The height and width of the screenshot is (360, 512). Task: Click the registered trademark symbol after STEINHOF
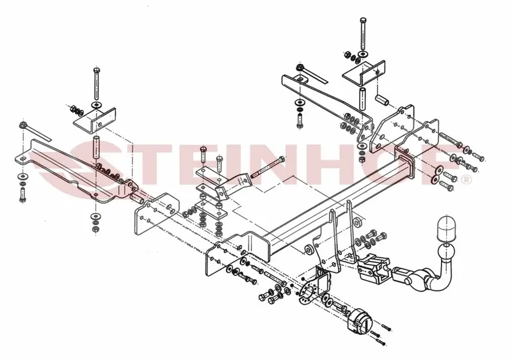[467, 180]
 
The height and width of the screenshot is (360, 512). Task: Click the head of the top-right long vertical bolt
[363, 21]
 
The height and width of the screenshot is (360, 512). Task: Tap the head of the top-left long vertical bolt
[97, 71]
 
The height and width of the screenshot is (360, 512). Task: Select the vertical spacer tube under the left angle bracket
[97, 148]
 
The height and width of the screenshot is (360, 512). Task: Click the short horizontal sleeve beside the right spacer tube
[382, 100]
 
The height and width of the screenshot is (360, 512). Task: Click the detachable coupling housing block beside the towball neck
[374, 269]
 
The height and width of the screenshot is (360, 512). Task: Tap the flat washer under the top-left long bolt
[97, 105]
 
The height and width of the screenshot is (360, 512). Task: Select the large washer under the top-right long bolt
[362, 54]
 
